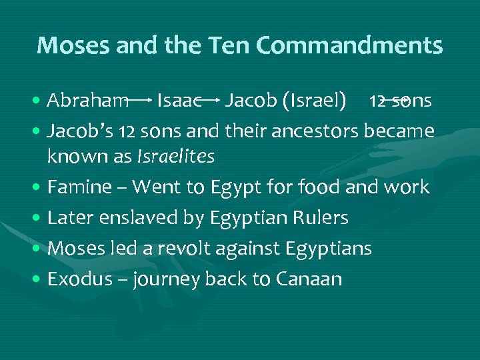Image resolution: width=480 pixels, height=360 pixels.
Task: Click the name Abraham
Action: [x=88, y=101]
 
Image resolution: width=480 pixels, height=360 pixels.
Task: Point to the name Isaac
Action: [x=179, y=101]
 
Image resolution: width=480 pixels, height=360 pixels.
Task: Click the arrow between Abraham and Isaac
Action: [x=141, y=101]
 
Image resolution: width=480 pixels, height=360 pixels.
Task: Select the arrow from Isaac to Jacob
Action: [x=211, y=101]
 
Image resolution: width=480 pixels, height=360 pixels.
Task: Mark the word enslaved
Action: [x=141, y=218]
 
